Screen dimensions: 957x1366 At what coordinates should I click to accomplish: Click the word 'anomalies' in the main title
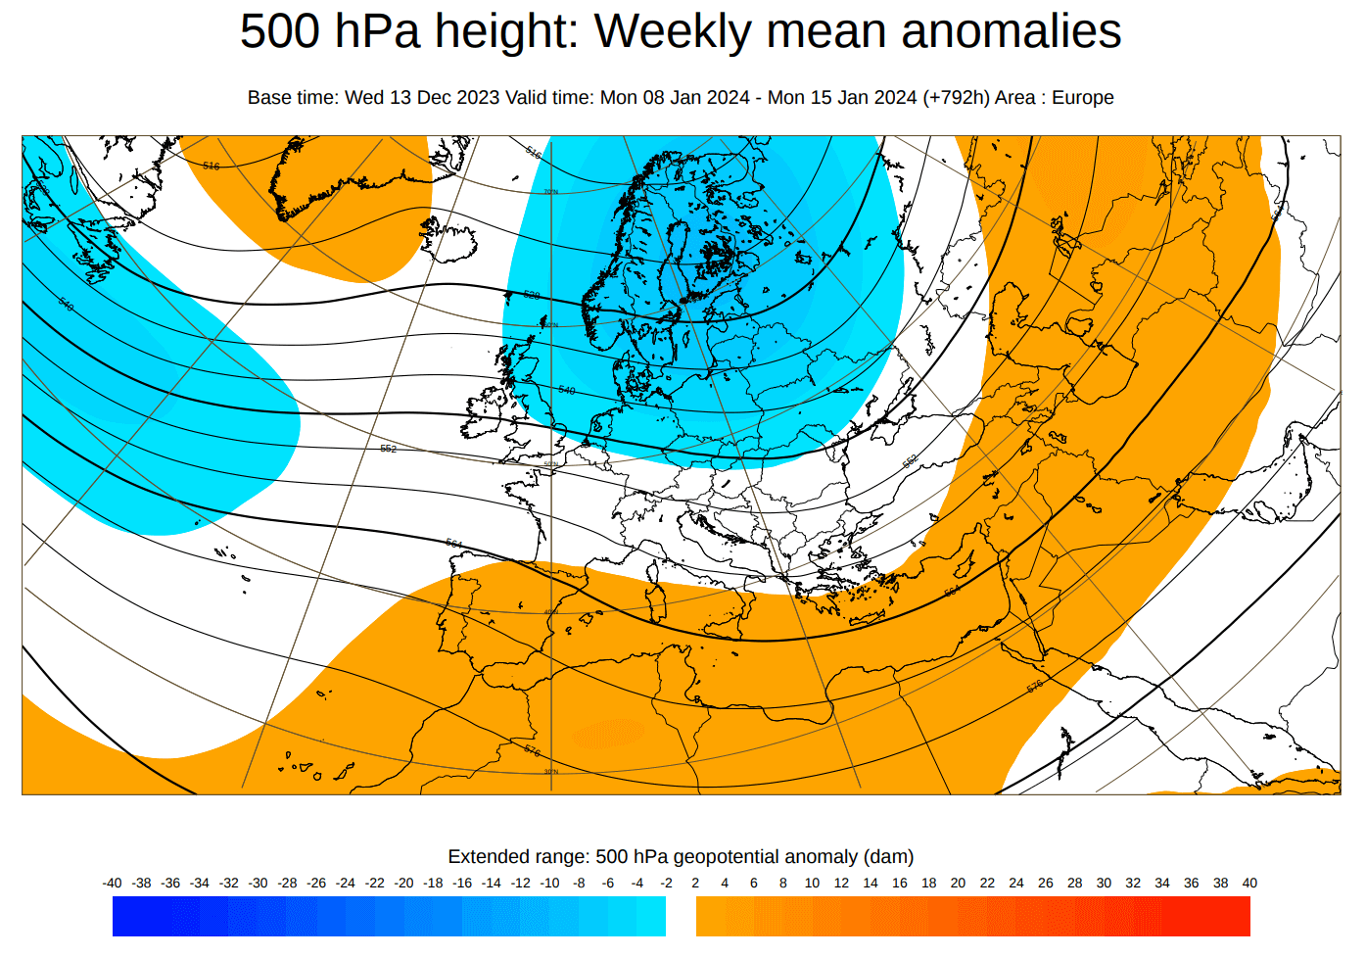tap(1011, 31)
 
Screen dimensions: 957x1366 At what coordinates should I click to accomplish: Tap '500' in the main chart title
tap(281, 31)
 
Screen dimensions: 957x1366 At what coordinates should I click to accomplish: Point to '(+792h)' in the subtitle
tap(956, 98)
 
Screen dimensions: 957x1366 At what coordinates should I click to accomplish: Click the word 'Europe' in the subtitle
tap(1082, 98)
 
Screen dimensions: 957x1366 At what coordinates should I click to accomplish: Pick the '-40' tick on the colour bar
tap(113, 883)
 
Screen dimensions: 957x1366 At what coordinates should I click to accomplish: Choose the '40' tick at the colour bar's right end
tap(1249, 883)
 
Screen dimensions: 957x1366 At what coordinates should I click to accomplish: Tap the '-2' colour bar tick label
tap(667, 883)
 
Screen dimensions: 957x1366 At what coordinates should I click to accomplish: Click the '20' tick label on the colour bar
tap(958, 883)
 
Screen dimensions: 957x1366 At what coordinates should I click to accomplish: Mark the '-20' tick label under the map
tap(404, 883)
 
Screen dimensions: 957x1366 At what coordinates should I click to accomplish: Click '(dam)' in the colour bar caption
tap(888, 857)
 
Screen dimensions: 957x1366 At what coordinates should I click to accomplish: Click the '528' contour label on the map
tap(532, 295)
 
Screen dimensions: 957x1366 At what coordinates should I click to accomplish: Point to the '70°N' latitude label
tap(551, 192)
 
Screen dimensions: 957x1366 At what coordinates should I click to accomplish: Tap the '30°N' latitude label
tap(551, 772)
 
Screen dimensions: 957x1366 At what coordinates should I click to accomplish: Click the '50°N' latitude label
tap(551, 464)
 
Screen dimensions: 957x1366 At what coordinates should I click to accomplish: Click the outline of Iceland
tap(448, 240)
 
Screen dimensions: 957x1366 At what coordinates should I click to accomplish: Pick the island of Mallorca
tap(590, 618)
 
